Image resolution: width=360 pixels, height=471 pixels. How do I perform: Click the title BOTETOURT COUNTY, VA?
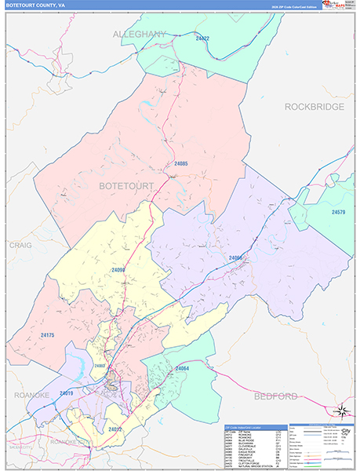pyautogui.click(x=33, y=5)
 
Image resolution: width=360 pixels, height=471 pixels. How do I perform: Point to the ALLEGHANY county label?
pyautogui.click(x=140, y=35)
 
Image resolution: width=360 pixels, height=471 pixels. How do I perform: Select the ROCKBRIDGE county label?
pyautogui.click(x=315, y=106)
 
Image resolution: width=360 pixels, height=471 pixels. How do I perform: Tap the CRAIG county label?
pyautogui.click(x=20, y=245)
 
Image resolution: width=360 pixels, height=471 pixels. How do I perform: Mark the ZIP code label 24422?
pyautogui.click(x=202, y=38)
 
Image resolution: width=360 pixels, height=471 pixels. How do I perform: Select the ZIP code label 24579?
pyautogui.click(x=337, y=212)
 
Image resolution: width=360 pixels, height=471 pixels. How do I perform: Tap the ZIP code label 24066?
pyautogui.click(x=236, y=257)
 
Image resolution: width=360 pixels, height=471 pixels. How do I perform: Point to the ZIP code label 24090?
pyautogui.click(x=118, y=270)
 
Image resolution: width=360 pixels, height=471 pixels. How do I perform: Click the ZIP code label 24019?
pyautogui.click(x=66, y=393)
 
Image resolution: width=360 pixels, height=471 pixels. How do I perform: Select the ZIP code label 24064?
pyautogui.click(x=182, y=368)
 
